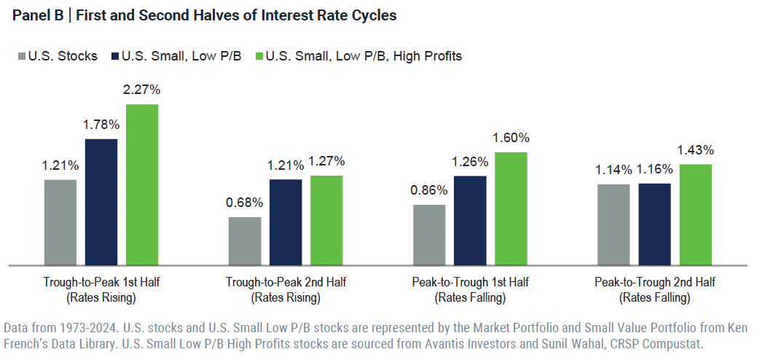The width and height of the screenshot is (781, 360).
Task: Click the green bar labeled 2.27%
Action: tap(142, 184)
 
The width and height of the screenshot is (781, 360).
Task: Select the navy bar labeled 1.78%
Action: tap(101, 201)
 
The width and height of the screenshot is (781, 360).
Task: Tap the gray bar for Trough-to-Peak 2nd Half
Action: tap(245, 240)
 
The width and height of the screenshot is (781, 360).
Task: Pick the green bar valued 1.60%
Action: tap(511, 208)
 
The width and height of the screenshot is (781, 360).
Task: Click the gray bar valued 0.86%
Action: tap(429, 234)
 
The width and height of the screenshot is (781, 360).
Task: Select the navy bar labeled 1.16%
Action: tap(654, 223)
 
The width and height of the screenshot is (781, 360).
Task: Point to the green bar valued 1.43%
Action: tap(695, 214)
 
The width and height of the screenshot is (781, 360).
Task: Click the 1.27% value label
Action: tap(326, 161)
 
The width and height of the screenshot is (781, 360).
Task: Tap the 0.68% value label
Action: tap(245, 203)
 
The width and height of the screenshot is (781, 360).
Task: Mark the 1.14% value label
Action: tap(613, 170)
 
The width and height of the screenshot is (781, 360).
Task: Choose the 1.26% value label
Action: tap(470, 162)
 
